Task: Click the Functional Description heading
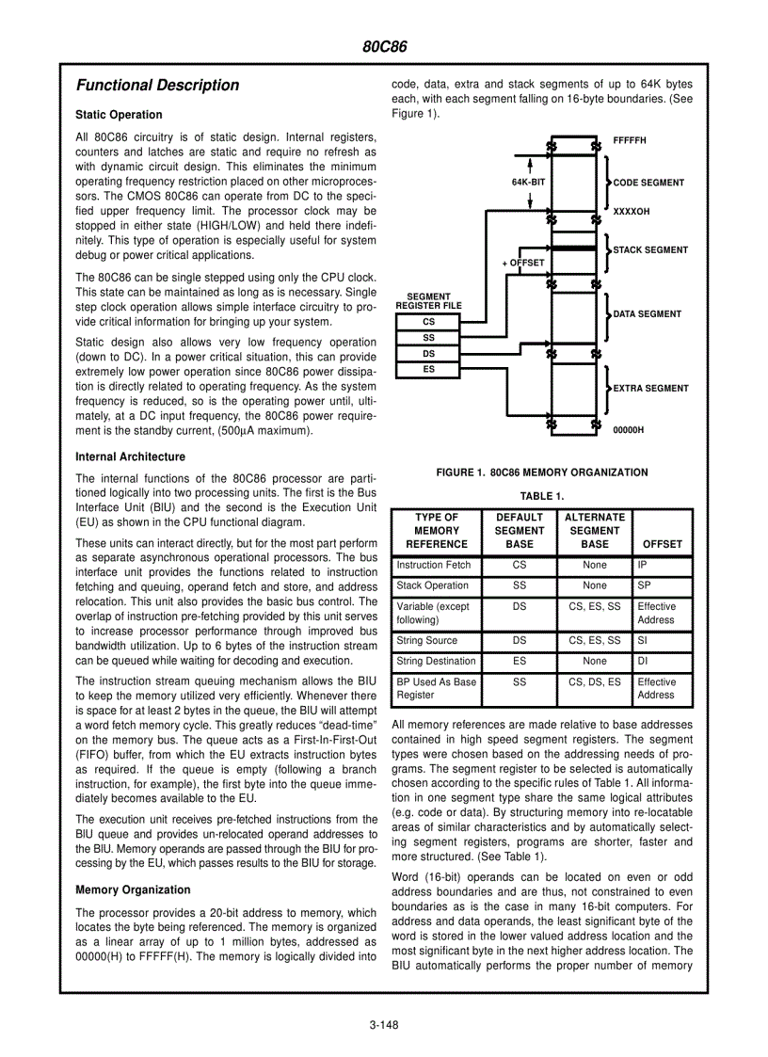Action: [157, 86]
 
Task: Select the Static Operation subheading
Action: [119, 115]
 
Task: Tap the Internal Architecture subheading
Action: [130, 456]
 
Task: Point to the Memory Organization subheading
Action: [133, 889]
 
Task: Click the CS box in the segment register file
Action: [428, 322]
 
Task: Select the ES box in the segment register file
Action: [428, 370]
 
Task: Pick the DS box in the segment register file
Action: [428, 354]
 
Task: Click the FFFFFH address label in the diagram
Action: [630, 140]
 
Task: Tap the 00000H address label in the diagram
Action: [629, 429]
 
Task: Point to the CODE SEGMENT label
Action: [648, 183]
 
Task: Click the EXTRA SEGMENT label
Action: [650, 388]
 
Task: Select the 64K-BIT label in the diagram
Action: [529, 182]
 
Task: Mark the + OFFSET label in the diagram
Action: [523, 263]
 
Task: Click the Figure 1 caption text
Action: [541, 472]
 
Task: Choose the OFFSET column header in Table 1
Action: [662, 544]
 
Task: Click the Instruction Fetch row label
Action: [434, 566]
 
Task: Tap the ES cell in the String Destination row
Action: [520, 662]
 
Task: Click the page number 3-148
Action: [384, 1025]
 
